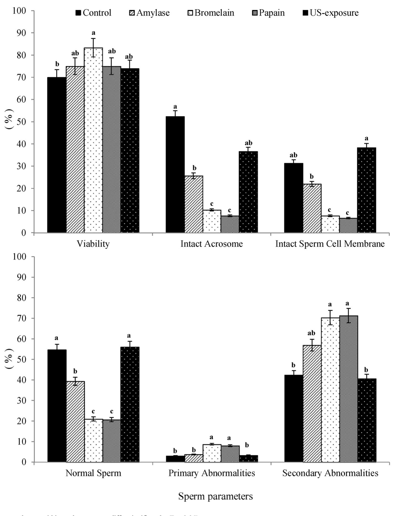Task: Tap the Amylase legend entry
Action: (x=150, y=13)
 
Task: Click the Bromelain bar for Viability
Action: (x=93, y=140)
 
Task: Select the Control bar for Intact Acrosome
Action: (x=175, y=174)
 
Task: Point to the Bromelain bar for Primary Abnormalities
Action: (x=212, y=453)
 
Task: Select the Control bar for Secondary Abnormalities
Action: (x=293, y=418)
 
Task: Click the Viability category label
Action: (x=93, y=244)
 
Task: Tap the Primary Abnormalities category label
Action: (x=212, y=473)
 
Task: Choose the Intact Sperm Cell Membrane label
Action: (x=330, y=244)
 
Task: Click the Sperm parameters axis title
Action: (x=216, y=496)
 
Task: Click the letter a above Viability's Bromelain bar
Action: (x=93, y=33)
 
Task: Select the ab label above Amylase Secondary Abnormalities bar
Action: (x=312, y=333)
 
